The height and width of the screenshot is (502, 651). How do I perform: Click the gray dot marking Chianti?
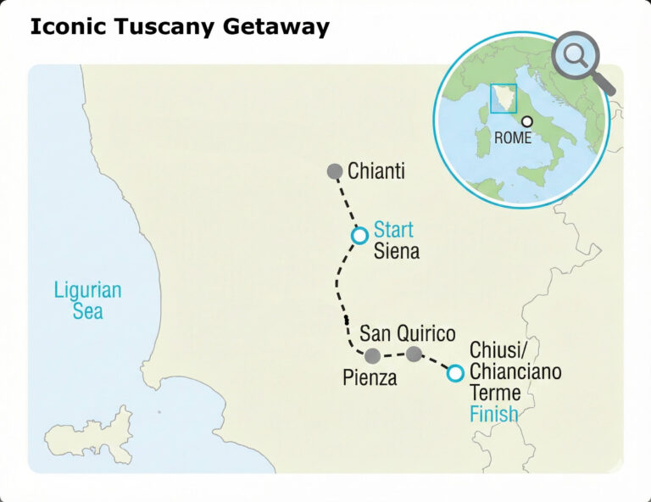pyautogui.click(x=335, y=171)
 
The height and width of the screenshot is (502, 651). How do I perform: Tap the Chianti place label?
pyautogui.click(x=376, y=171)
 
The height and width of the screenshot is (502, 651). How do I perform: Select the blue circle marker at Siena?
pyautogui.click(x=359, y=235)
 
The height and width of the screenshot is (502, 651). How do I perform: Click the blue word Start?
pyautogui.click(x=393, y=230)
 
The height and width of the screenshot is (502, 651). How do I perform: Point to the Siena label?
pyautogui.click(x=396, y=252)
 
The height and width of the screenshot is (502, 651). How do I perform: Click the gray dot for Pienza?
pyautogui.click(x=372, y=355)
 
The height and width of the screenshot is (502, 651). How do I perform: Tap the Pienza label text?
pyautogui.click(x=370, y=379)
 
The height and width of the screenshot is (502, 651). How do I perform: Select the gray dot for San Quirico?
pyautogui.click(x=414, y=354)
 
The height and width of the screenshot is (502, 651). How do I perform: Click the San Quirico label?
pyautogui.click(x=407, y=333)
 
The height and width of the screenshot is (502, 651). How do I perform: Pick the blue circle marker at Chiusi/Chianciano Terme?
pyautogui.click(x=455, y=373)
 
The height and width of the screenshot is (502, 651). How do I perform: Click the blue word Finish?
pyautogui.click(x=493, y=416)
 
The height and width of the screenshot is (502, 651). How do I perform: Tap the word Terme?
pyautogui.click(x=495, y=393)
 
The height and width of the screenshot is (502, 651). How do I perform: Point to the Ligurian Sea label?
pyautogui.click(x=87, y=300)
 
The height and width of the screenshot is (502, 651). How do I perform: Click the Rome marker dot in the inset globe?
pyautogui.click(x=527, y=122)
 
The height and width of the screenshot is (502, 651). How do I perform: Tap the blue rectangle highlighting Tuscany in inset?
pyautogui.click(x=503, y=98)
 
